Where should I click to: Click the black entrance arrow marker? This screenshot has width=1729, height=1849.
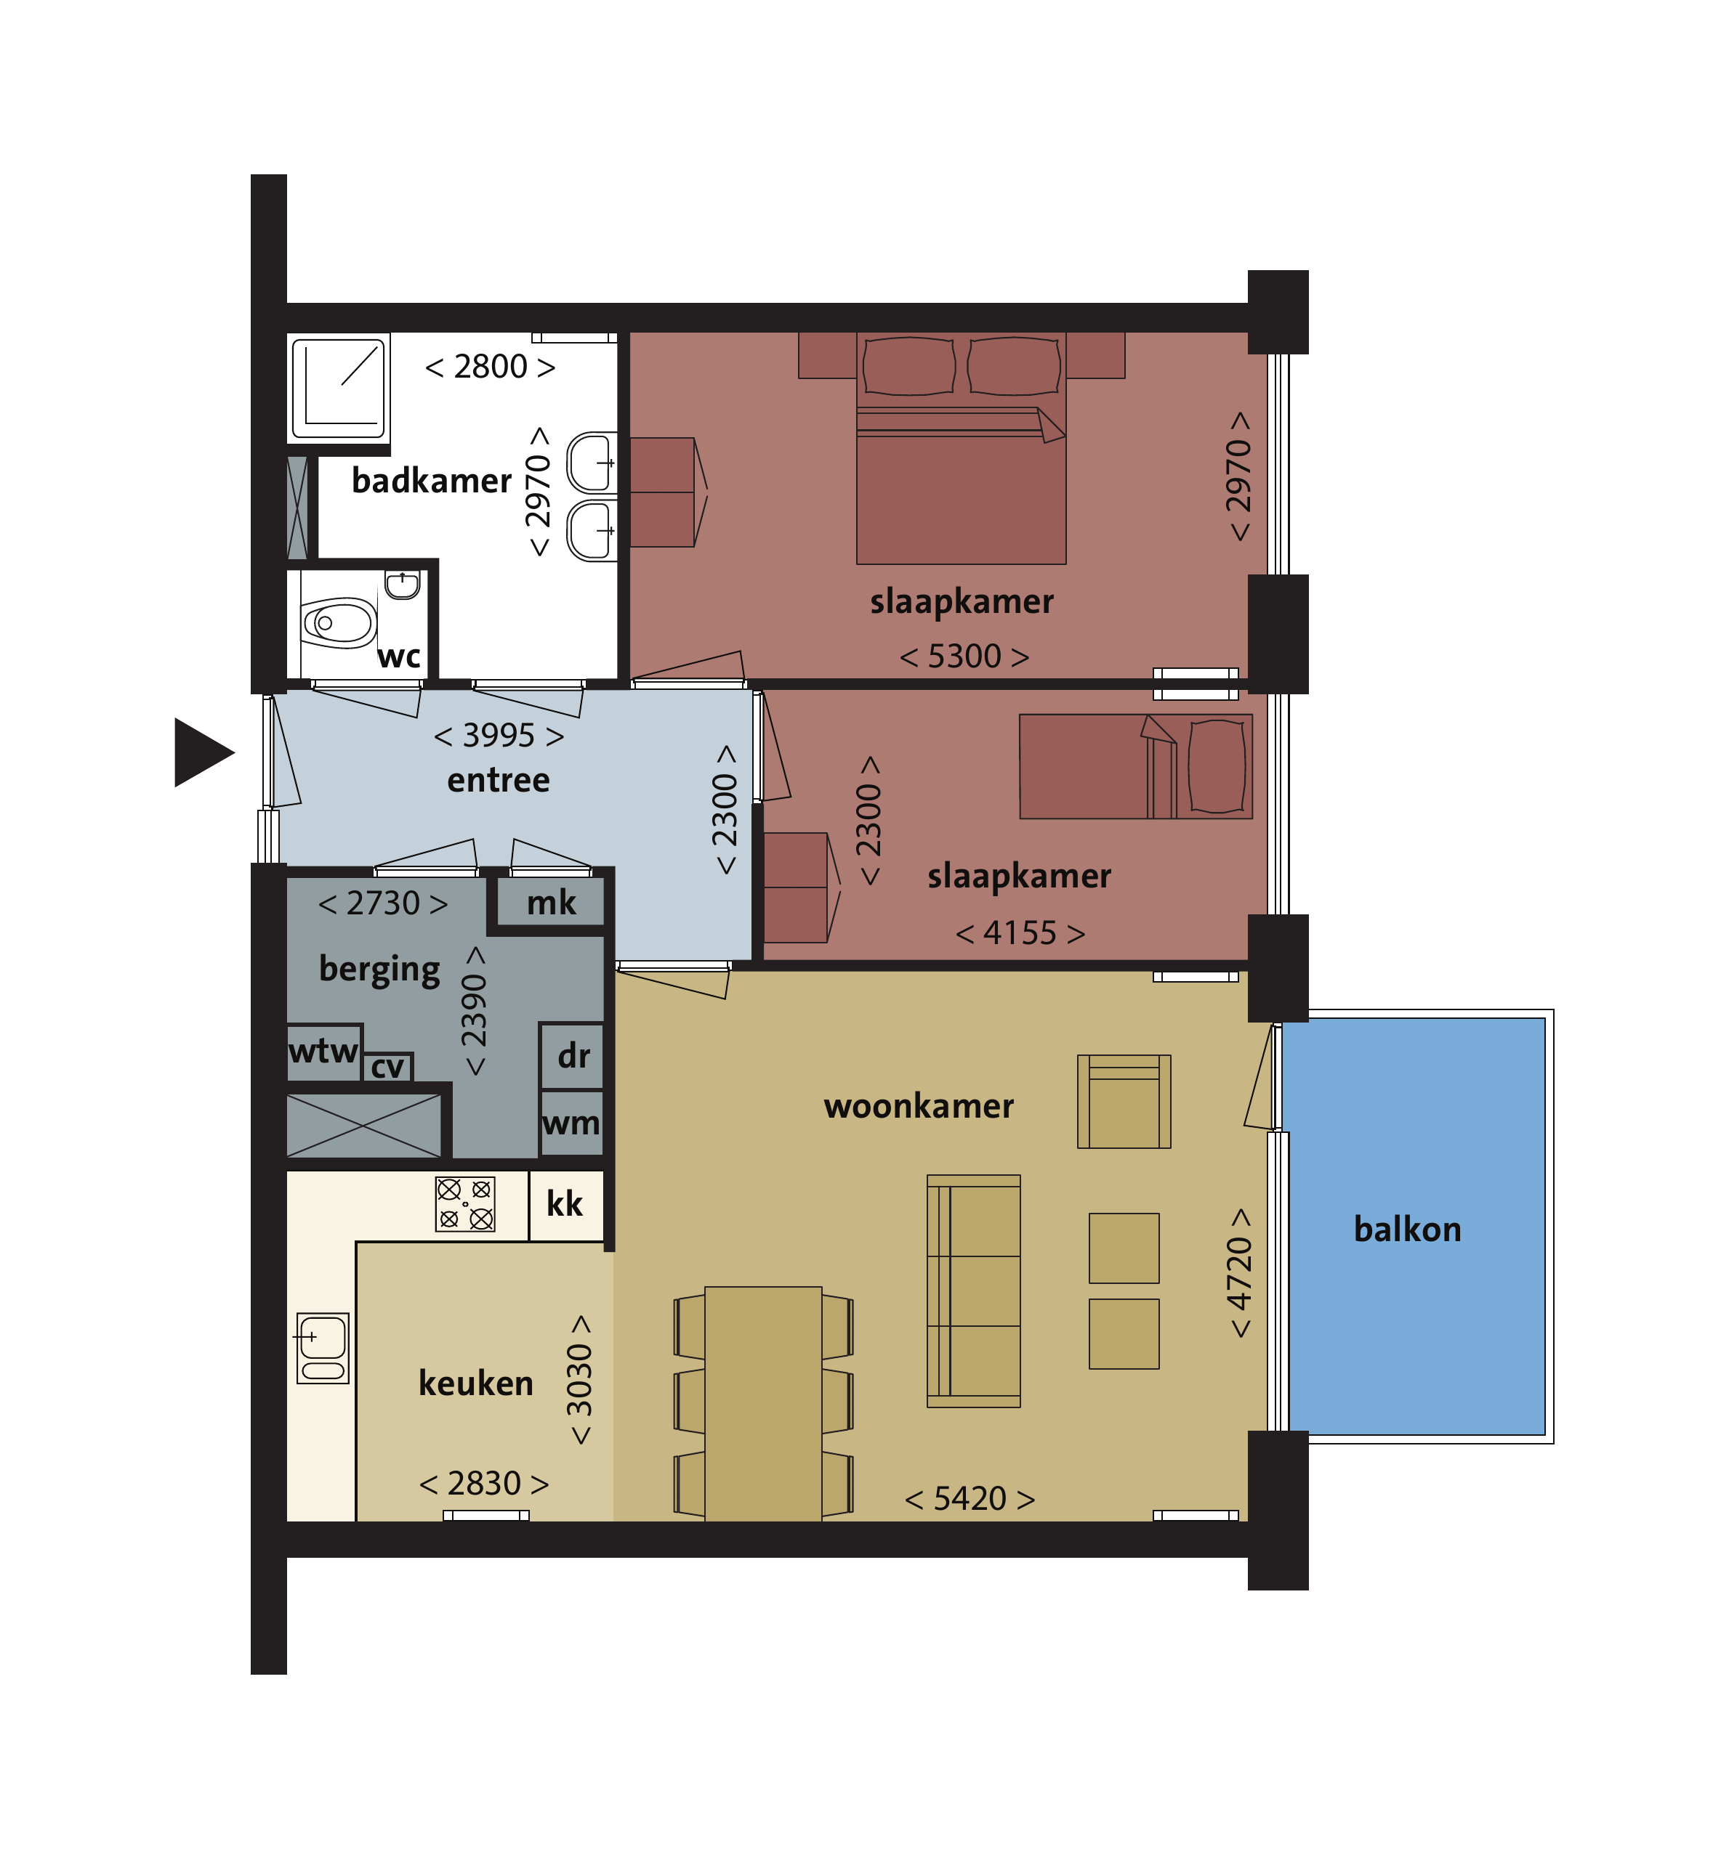201,752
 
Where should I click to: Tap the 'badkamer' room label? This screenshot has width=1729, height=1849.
432,481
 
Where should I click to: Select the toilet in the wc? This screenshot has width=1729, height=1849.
337,622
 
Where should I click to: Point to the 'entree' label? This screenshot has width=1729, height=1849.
498,779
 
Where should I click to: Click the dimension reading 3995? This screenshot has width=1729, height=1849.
499,735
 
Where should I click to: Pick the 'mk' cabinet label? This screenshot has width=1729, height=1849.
551,902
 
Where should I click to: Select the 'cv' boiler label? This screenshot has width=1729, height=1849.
387,1067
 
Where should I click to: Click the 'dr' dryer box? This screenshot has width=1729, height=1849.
572,1056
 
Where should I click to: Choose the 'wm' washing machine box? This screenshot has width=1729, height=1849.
571,1123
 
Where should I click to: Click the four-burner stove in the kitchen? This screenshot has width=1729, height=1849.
465,1203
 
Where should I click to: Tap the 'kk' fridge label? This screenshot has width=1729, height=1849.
564,1203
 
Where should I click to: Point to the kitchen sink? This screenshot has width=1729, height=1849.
323,1348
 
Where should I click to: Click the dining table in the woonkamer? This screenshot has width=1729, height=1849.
763,1404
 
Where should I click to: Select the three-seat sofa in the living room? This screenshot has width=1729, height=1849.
973,1291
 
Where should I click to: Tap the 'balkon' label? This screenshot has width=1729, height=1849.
1407,1229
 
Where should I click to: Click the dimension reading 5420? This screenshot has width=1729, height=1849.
970,1498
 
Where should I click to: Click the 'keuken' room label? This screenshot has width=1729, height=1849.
475,1383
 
